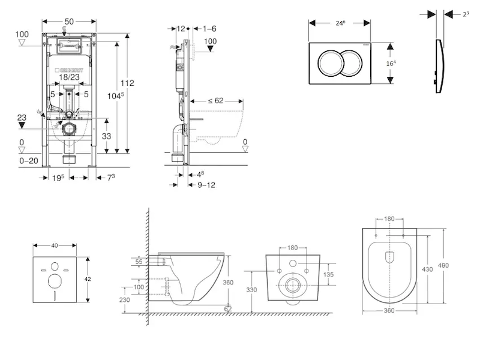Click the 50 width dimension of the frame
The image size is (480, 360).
click(x=70, y=22)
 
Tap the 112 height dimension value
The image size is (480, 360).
click(x=127, y=83)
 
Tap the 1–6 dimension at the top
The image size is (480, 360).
click(x=209, y=28)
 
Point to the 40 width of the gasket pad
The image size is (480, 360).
click(x=55, y=245)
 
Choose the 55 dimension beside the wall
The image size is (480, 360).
click(x=139, y=262)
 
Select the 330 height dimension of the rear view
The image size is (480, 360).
click(x=251, y=290)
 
